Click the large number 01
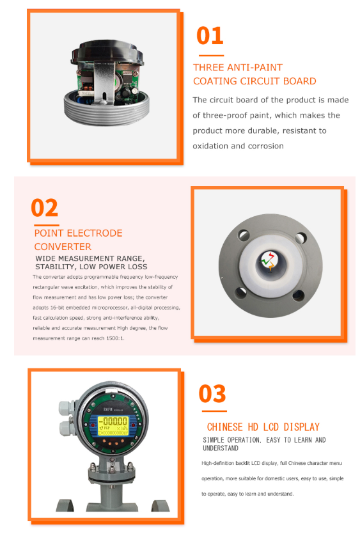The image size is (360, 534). click(x=210, y=36)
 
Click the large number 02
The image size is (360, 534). click(x=44, y=208)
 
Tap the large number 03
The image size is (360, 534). click(x=212, y=394)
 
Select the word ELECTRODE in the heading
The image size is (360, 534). click(x=95, y=233)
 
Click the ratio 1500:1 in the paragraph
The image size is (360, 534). click(x=115, y=338)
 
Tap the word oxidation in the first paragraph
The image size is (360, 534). click(x=210, y=146)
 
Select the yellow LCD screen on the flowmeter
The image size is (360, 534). click(x=113, y=426)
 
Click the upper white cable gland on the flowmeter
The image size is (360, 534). click(x=65, y=407)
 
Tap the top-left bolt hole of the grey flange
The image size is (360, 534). click(x=244, y=235)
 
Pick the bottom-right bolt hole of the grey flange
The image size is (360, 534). click(x=298, y=295)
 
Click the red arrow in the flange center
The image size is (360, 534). click(x=271, y=255)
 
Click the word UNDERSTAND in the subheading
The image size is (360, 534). click(x=221, y=448)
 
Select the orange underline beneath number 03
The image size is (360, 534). click(x=214, y=411)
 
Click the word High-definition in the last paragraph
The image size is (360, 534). click(x=217, y=463)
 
